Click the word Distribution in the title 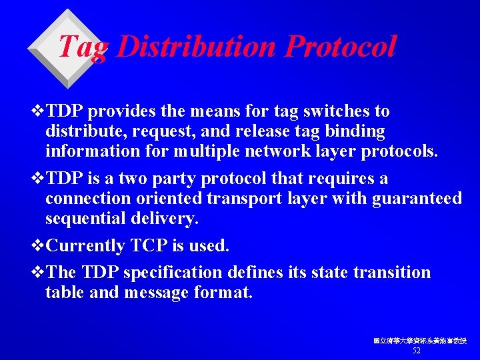coord(197,47)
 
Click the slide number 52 coord(417,351)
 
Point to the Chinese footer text coord(419,341)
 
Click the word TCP coord(151,246)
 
